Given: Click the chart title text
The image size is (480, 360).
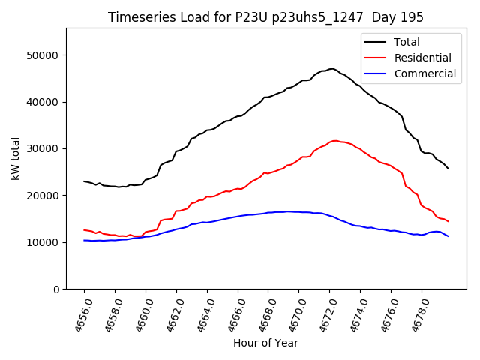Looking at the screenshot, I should click(265, 17).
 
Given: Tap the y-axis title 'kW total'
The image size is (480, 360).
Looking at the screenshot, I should click(15, 158).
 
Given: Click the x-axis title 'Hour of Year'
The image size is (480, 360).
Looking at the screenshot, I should click(265, 343).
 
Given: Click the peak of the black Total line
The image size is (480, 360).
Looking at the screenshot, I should click(331, 68).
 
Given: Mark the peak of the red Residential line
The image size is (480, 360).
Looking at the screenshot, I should click(334, 140).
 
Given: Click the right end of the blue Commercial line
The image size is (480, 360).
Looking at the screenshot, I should click(448, 236).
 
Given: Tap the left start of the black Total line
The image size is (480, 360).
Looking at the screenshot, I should click(84, 181).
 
